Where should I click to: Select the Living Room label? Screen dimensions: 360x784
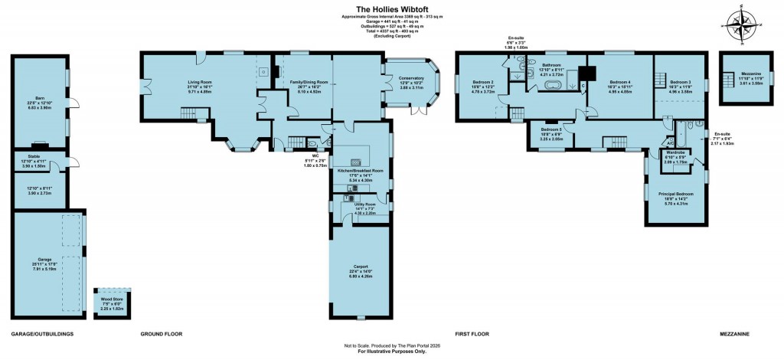coord(200,85)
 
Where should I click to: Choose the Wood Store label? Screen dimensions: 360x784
coord(111,304)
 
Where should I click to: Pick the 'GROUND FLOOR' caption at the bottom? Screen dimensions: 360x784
coord(162,335)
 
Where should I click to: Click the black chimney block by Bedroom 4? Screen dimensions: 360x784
coord(588,74)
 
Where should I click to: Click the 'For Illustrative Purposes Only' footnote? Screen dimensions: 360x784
coord(392,354)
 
